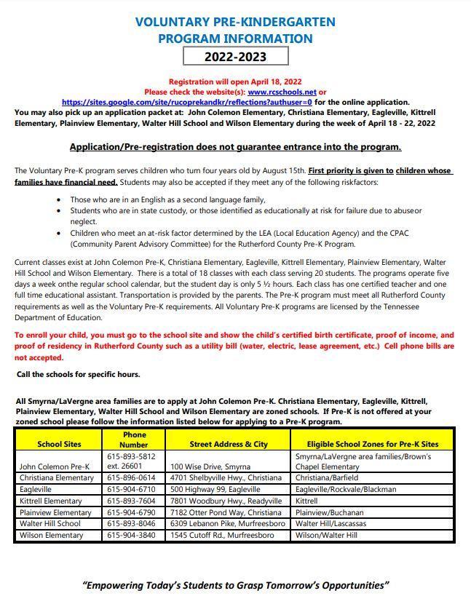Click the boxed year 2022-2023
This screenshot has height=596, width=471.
(x=235, y=57)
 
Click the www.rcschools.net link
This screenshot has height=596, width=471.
(x=282, y=92)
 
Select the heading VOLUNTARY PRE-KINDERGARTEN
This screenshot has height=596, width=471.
(x=235, y=22)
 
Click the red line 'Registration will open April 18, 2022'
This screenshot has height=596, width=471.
(x=235, y=82)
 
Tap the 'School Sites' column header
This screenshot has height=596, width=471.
(x=60, y=444)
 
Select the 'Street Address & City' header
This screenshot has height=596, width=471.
(x=229, y=444)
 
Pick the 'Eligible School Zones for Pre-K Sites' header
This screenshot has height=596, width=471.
(x=372, y=444)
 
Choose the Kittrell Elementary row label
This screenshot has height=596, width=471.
(x=51, y=501)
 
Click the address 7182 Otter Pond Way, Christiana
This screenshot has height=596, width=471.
(x=226, y=512)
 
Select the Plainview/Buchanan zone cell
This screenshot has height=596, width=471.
(x=328, y=512)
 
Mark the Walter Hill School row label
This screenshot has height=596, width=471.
(x=50, y=524)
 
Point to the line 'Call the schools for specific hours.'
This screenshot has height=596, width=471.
(x=79, y=374)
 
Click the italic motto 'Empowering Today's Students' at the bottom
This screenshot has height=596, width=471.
(x=235, y=585)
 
